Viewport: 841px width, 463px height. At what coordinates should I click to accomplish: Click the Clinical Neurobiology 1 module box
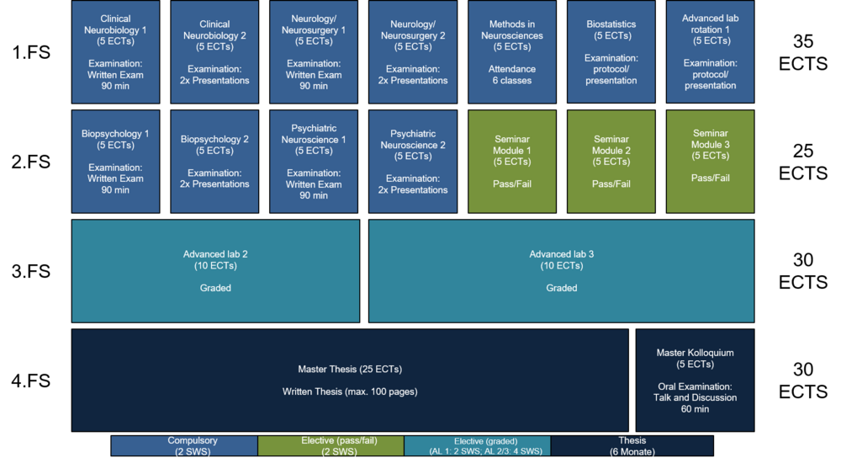[115, 51]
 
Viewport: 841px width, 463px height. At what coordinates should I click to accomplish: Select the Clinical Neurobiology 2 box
[214, 51]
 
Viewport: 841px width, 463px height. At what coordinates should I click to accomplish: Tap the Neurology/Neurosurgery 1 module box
[314, 51]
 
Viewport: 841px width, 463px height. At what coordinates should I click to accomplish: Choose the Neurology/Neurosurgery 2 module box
[413, 51]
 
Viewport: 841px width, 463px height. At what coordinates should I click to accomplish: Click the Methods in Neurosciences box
[512, 51]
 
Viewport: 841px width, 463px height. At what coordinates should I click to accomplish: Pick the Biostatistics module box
[611, 51]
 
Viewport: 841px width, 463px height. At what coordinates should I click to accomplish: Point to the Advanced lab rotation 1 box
[711, 51]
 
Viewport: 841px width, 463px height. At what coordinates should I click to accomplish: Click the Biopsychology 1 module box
[115, 161]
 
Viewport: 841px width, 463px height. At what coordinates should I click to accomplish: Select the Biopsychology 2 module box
[214, 161]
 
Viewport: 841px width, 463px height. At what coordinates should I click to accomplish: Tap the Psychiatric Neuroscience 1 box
[314, 161]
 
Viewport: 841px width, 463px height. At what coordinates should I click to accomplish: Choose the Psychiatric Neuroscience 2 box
[413, 161]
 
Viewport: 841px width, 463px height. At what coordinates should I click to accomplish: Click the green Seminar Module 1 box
[512, 161]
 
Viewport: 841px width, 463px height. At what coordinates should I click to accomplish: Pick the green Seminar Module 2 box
[611, 161]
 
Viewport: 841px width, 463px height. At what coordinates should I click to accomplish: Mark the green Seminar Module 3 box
[711, 161]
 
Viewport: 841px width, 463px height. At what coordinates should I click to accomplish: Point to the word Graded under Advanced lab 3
[562, 288]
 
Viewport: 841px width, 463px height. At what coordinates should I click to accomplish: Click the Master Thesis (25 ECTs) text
[349, 370]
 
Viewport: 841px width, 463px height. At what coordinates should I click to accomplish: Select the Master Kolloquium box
[695, 380]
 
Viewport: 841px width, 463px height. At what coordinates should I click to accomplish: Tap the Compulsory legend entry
[184, 446]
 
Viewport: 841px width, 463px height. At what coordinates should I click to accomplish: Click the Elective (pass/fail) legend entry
[331, 446]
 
